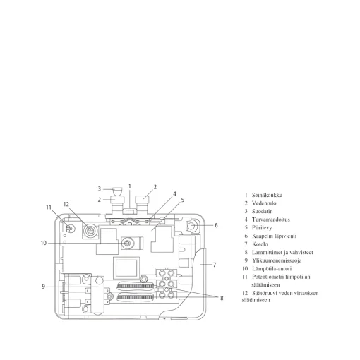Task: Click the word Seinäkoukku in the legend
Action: [267, 195]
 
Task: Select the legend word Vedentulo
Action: [264, 203]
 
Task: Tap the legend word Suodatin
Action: [262, 211]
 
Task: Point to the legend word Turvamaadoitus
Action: [271, 220]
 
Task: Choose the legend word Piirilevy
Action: [262, 228]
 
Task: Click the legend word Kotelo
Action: [260, 244]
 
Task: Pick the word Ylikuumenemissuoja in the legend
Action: [277, 260]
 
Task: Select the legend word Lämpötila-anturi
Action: [272, 269]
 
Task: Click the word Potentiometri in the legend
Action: [268, 277]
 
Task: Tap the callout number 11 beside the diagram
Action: [49, 208]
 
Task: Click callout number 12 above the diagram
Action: [66, 204]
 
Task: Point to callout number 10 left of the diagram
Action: [44, 243]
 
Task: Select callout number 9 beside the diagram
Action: [43, 287]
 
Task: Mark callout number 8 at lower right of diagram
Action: [222, 298]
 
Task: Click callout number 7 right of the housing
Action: [215, 265]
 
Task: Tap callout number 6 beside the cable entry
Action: [216, 225]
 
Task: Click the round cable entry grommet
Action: [191, 226]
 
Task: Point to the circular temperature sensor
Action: [127, 244]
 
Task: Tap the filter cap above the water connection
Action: [117, 190]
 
